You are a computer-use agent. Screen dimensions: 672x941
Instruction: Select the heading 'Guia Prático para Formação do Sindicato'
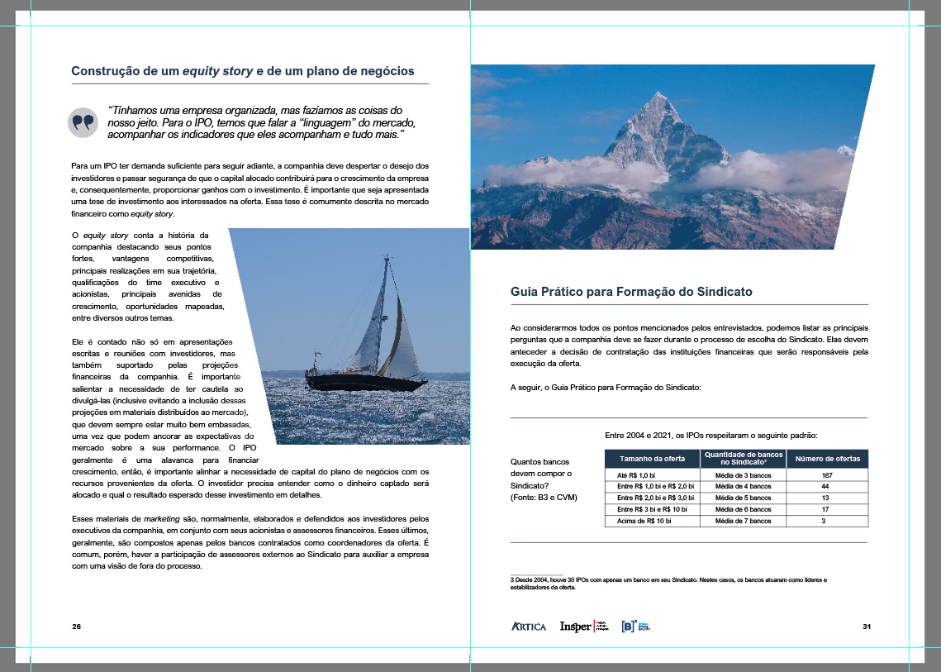point(631,293)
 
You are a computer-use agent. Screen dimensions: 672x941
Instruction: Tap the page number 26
point(76,627)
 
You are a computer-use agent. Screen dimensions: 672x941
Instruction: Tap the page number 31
point(867,627)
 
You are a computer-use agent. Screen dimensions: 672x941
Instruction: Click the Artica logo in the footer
point(529,627)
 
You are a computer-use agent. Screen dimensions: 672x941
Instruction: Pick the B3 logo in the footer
point(636,627)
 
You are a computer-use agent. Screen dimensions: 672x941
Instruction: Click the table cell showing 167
point(826,475)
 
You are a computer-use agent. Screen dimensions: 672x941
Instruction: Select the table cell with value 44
point(826,487)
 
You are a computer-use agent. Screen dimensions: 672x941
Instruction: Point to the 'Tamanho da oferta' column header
point(652,459)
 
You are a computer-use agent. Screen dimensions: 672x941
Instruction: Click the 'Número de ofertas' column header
point(826,459)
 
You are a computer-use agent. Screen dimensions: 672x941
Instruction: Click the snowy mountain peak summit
point(656,95)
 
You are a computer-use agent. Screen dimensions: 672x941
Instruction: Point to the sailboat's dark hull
point(364,383)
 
